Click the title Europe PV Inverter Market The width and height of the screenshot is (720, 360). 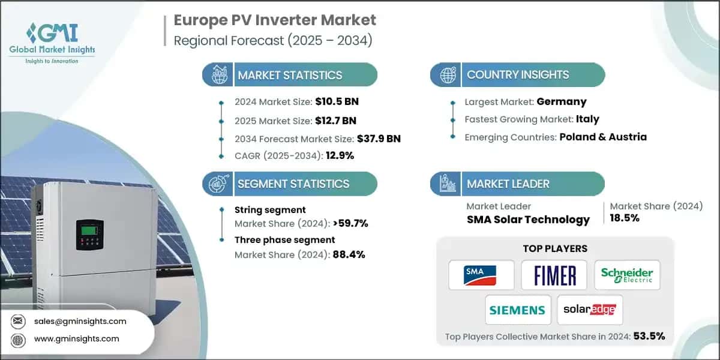pyautogui.click(x=275, y=20)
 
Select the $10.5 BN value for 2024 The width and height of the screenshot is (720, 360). pyautogui.click(x=337, y=101)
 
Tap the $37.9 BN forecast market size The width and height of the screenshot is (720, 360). pyautogui.click(x=370, y=139)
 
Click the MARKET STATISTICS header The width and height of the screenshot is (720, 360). pyautogui.click(x=290, y=75)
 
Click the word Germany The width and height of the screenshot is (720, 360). pyautogui.click(x=562, y=101)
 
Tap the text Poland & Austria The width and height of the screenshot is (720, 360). pyautogui.click(x=603, y=137)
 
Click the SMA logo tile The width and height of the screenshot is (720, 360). pyautogui.click(x=481, y=275)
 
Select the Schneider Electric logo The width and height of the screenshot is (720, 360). pyautogui.click(x=627, y=275)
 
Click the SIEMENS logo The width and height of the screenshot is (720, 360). pyautogui.click(x=517, y=310)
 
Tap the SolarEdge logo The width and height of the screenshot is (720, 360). pyautogui.click(x=590, y=310)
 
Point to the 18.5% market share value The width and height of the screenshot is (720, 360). pyautogui.click(x=625, y=218)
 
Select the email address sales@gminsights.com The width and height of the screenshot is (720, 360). pyautogui.click(x=85, y=321)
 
